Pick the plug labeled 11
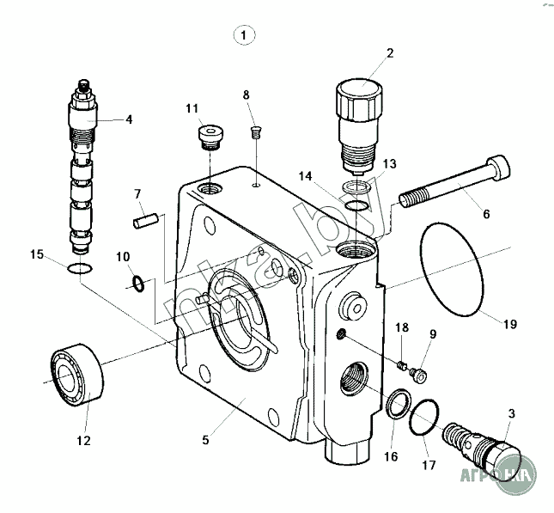[x=209, y=136]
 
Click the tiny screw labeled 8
[x=254, y=131]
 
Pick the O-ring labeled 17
[x=425, y=418]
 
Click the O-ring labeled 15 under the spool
[x=79, y=271]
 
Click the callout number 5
[x=205, y=441]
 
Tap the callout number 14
[x=305, y=176]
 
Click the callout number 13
[x=390, y=163]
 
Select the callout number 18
[x=401, y=327]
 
